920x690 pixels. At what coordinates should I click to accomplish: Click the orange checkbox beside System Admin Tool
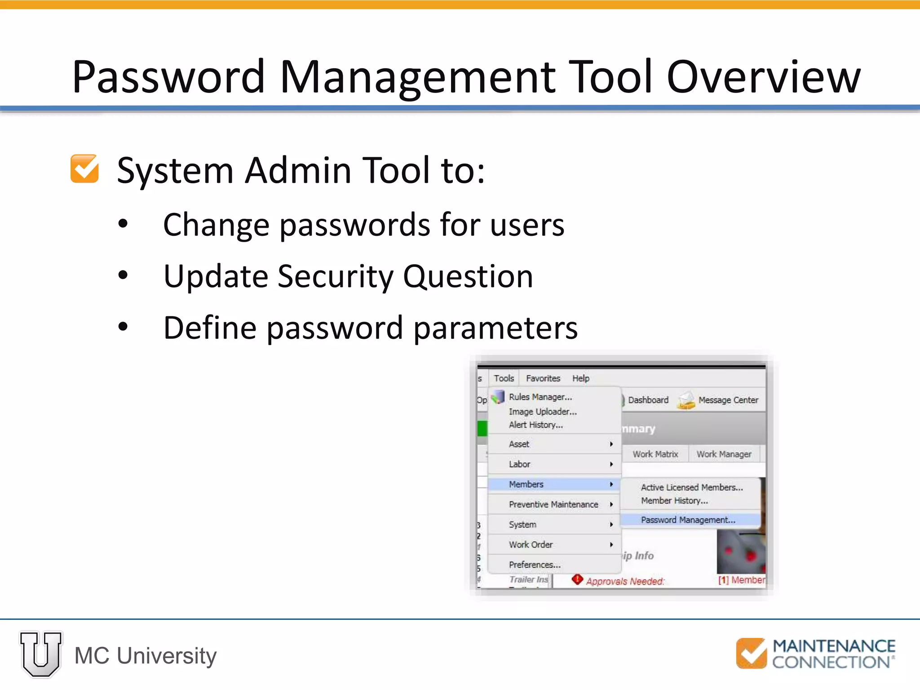coord(84,169)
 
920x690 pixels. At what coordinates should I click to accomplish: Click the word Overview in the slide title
coord(764,77)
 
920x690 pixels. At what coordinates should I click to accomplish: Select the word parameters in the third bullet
coord(495,327)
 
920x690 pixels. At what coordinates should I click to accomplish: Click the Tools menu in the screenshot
coord(504,378)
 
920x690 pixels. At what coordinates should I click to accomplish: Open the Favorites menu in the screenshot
coord(543,378)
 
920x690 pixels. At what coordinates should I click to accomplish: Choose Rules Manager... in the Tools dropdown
coord(540,397)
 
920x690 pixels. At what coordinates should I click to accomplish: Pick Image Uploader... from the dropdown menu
coord(542,411)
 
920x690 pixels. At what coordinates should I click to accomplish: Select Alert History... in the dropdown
coord(535,425)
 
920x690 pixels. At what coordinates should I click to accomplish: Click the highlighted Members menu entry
coord(526,484)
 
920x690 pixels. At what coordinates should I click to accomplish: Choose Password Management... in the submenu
coord(688,520)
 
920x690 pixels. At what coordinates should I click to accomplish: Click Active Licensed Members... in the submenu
coord(691,487)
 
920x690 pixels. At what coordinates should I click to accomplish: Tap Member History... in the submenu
coord(674,500)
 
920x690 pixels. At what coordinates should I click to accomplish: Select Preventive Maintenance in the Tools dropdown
coord(553,504)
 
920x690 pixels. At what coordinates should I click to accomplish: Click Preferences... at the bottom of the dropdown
coord(534,565)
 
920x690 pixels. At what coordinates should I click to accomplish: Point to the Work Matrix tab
coord(655,454)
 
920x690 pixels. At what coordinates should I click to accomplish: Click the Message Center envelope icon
coord(686,400)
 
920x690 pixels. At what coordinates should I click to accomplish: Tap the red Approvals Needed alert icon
coord(577,579)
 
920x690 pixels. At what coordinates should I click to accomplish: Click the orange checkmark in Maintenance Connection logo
coord(751,654)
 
